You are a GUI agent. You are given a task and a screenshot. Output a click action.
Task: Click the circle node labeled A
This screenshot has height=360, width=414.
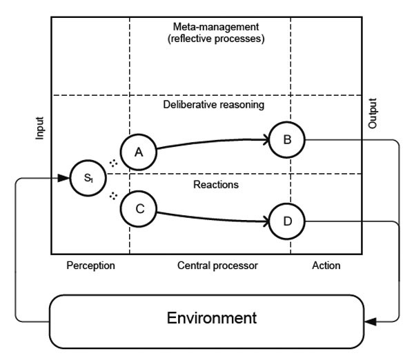(139, 152)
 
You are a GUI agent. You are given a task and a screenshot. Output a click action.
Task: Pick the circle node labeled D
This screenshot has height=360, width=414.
(286, 221)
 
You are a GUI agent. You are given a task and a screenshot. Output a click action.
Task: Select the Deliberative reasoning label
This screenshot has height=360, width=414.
(214, 105)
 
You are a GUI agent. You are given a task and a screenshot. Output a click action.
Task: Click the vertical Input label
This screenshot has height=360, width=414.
(39, 129)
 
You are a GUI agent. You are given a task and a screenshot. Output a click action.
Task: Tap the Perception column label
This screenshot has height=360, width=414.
(90, 265)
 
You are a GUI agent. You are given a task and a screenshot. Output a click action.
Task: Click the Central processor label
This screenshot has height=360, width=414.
(210, 265)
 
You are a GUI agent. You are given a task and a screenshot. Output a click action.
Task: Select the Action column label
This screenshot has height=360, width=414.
(325, 265)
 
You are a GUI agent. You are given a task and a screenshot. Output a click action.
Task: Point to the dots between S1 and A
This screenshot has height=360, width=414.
(114, 163)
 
